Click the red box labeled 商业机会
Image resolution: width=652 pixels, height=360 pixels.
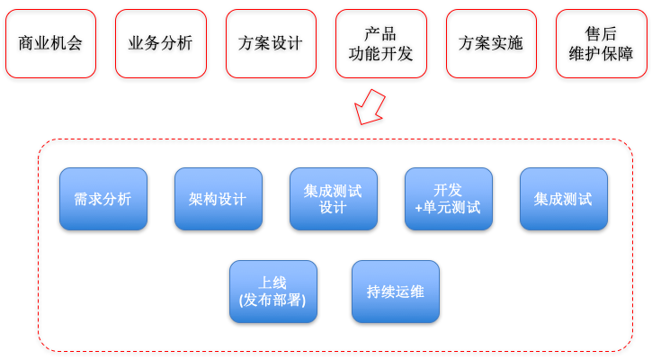pyautogui.click(x=50, y=44)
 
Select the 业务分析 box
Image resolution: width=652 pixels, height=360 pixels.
pyautogui.click(x=160, y=44)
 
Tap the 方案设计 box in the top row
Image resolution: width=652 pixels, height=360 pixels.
pyautogui.click(x=271, y=44)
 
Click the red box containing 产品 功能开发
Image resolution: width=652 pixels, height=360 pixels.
pyautogui.click(x=380, y=44)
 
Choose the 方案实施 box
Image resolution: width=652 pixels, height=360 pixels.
pyautogui.click(x=491, y=44)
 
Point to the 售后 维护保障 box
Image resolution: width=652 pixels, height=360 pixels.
pyautogui.click(x=601, y=44)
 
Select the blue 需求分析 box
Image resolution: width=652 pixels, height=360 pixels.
pyautogui.click(x=103, y=199)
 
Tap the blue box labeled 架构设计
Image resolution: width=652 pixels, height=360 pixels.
pyautogui.click(x=219, y=199)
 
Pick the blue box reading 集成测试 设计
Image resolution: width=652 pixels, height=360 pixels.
pyautogui.click(x=334, y=199)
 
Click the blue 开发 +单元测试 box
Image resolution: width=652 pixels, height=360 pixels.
pyautogui.click(x=449, y=199)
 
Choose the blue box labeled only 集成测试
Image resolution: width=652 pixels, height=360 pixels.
pyautogui.click(x=564, y=199)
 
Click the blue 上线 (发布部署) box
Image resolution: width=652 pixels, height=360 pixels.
pyautogui.click(x=273, y=292)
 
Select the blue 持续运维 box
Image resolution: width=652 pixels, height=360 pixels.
pyautogui.click(x=396, y=292)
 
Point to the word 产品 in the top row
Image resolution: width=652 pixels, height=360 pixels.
pyautogui.click(x=380, y=34)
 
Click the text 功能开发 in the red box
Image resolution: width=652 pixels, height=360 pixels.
pyautogui.click(x=380, y=54)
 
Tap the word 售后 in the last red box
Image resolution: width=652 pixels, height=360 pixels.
pyautogui.click(x=601, y=34)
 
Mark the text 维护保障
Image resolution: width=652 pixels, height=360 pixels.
pyautogui.click(x=601, y=54)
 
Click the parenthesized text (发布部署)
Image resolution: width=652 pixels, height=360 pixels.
pyautogui.click(x=273, y=301)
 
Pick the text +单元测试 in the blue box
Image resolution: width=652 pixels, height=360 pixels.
pyautogui.click(x=448, y=208)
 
